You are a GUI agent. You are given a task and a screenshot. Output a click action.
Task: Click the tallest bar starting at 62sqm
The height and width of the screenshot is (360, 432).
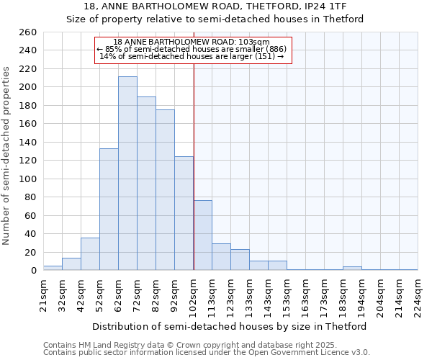click(127, 173)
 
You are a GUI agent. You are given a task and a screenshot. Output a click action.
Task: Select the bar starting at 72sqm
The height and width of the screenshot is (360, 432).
click(146, 184)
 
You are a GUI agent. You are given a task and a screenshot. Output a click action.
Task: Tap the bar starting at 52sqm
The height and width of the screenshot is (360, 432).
click(109, 209)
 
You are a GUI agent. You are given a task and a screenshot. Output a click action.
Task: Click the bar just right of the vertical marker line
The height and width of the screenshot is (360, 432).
click(203, 235)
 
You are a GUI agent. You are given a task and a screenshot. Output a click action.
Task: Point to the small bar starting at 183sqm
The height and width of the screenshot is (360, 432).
click(352, 269)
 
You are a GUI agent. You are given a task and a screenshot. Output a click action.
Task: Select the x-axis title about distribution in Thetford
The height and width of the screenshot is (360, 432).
click(230, 326)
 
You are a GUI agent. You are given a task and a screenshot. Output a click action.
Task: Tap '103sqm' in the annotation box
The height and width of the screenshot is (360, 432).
click(253, 42)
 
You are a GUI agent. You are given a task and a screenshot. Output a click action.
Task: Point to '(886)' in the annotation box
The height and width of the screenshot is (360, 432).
click(275, 49)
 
